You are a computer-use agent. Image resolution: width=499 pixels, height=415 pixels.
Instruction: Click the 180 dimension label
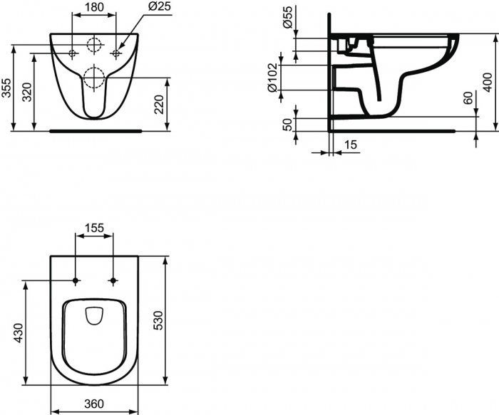point(93,8)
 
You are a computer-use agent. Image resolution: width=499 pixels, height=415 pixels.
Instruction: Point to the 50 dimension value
point(288,125)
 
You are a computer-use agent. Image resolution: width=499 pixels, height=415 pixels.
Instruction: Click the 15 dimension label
point(350,145)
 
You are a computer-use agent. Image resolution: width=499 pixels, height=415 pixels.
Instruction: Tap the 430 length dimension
point(19,333)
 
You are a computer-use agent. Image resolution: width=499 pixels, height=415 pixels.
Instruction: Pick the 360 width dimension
point(94,404)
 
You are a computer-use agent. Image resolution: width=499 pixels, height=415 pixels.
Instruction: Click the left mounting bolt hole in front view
point(72,53)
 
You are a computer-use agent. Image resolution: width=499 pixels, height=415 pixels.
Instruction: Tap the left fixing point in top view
point(75,280)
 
